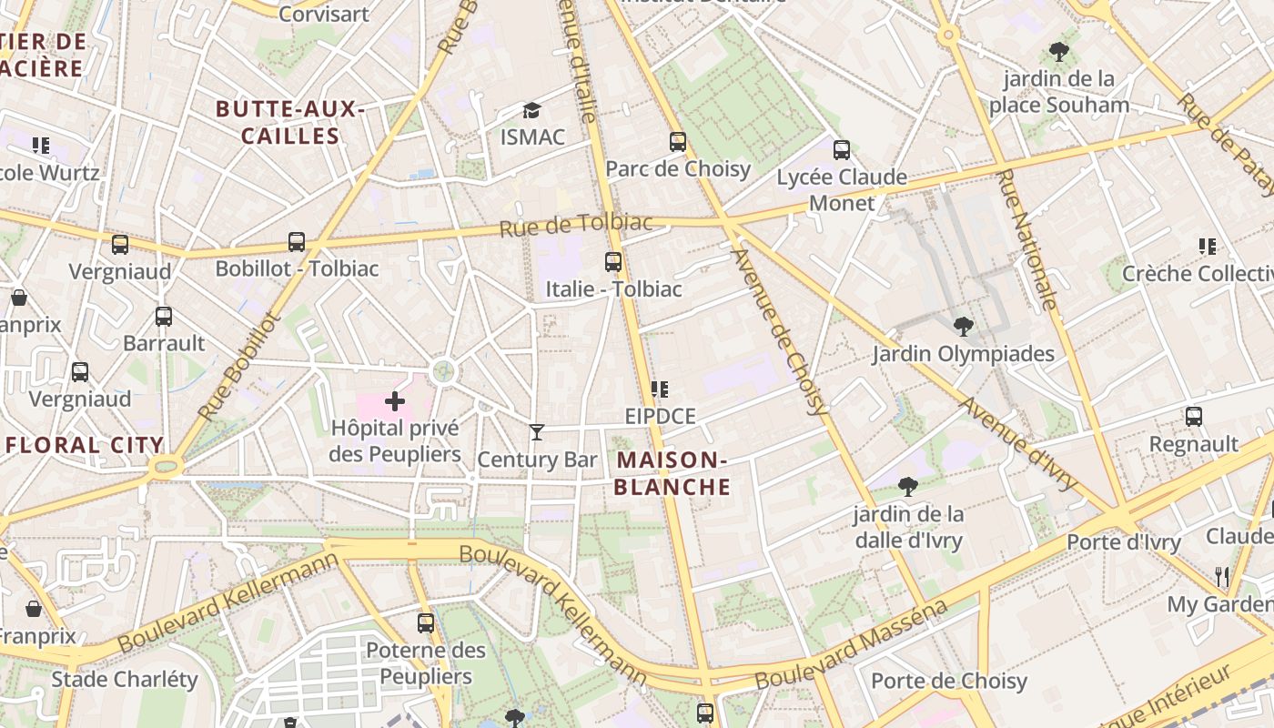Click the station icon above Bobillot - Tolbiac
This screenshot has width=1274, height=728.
[x=297, y=242]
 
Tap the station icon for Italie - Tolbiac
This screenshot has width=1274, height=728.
[x=613, y=262]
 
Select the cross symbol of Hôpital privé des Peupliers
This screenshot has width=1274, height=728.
[x=395, y=401]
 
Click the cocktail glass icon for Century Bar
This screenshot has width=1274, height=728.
[x=537, y=432]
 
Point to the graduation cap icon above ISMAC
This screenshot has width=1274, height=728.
[x=531, y=111]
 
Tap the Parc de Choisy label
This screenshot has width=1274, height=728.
[x=678, y=168]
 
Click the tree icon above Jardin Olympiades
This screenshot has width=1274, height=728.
[x=963, y=327]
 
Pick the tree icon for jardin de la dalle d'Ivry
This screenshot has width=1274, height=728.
[x=906, y=487]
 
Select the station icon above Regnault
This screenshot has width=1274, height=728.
[x=1194, y=417]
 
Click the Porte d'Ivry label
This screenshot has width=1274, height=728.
[x=1123, y=542]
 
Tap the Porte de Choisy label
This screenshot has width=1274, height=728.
[x=948, y=681]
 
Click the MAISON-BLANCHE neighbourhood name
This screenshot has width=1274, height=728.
[x=672, y=473]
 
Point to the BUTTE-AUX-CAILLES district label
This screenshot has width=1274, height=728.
[x=289, y=123]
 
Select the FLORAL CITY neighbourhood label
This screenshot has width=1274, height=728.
[x=85, y=445]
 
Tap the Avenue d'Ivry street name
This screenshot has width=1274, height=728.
[x=1017, y=444]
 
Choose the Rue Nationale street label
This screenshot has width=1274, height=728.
[x=1026, y=239]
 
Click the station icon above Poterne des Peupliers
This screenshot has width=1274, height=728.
[x=426, y=623]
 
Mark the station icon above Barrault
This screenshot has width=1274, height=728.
[x=164, y=317]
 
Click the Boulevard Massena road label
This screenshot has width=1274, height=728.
[x=852, y=645]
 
